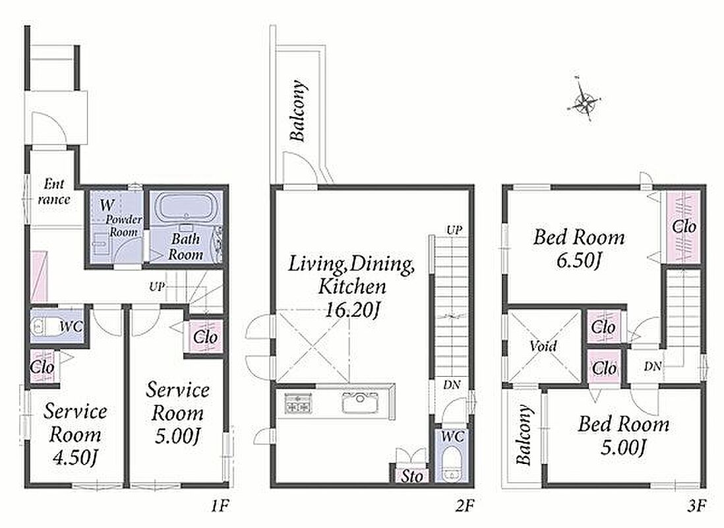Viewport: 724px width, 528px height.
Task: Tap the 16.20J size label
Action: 352,308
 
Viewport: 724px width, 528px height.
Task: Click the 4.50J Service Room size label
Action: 75,457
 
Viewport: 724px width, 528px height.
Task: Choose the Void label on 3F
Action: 543,345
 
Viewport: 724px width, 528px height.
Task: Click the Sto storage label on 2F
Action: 411,475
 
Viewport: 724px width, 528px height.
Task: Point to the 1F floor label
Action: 220,506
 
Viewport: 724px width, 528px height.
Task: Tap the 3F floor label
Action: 696,506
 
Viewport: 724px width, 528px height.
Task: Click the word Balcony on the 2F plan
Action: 297,111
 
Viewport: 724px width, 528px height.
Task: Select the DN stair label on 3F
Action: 653,367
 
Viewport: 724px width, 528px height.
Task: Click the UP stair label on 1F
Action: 157,286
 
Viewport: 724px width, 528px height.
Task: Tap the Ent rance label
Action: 54,192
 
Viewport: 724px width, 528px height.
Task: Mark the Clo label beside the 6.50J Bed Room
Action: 684,227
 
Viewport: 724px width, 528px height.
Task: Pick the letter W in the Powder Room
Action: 107,205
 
